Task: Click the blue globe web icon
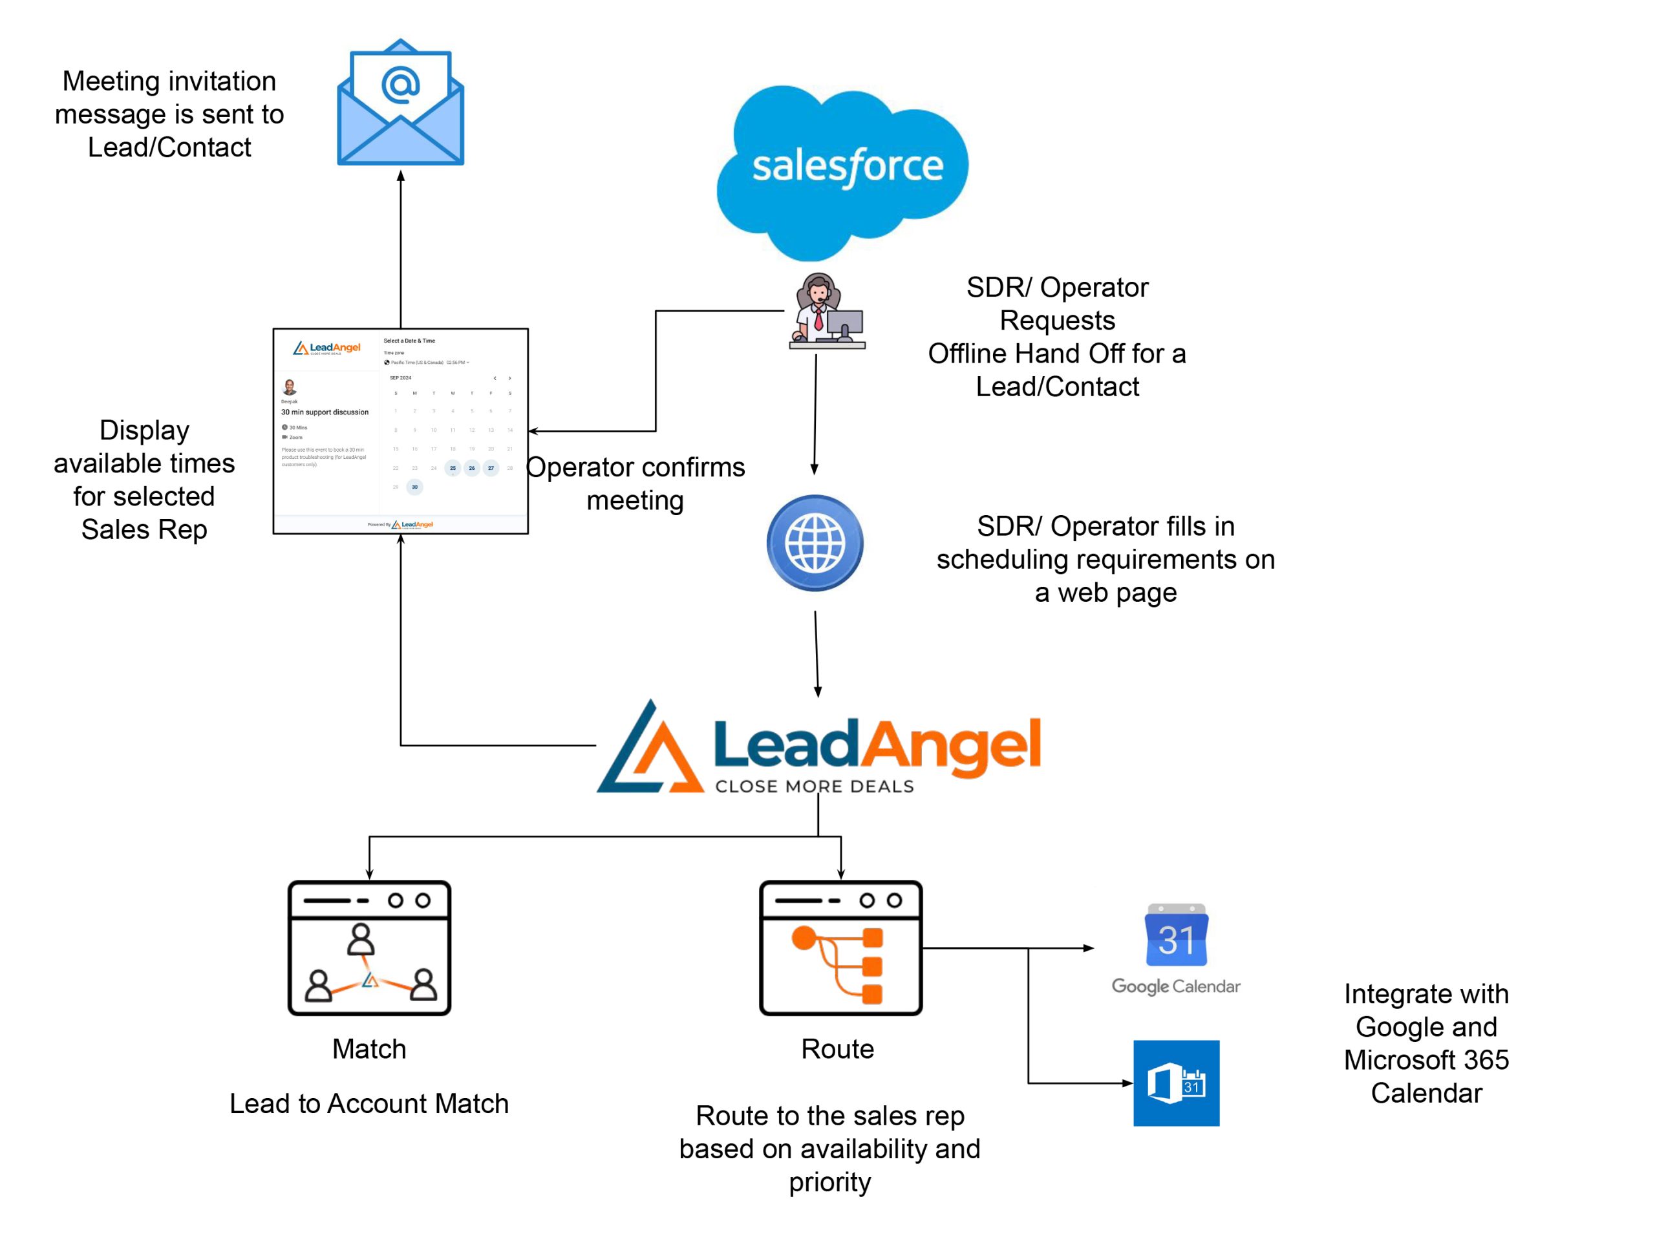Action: (x=815, y=543)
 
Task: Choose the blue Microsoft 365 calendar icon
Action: (x=1176, y=1083)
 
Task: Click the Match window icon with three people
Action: (x=370, y=948)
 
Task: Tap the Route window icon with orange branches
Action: (x=840, y=948)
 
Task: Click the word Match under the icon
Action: (x=369, y=1049)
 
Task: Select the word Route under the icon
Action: (x=837, y=1049)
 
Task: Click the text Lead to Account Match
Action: (x=369, y=1103)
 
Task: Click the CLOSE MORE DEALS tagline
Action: (x=815, y=786)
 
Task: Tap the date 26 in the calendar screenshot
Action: (x=471, y=468)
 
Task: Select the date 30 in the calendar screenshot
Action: (x=414, y=487)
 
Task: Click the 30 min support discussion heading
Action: (x=325, y=412)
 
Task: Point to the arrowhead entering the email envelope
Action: (x=400, y=176)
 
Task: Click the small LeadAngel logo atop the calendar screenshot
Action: (x=327, y=348)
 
